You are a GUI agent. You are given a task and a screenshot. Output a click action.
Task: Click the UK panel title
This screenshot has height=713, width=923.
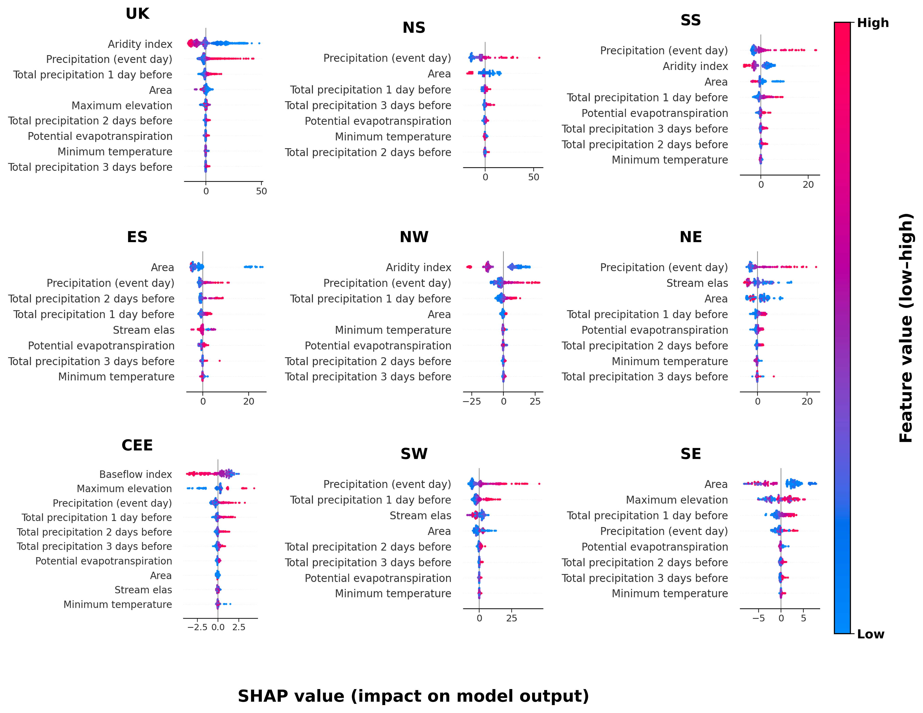coord(137,14)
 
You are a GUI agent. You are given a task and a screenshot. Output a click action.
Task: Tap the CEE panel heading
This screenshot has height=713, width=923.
coord(137,445)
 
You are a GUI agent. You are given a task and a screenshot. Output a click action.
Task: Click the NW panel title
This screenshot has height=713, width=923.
coord(414,237)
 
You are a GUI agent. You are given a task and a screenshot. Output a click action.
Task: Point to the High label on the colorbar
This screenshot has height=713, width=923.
coord(873,23)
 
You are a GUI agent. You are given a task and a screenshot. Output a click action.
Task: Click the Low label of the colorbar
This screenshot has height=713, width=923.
coord(871,634)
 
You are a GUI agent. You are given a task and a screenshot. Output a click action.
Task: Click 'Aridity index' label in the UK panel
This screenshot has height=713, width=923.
coord(140,44)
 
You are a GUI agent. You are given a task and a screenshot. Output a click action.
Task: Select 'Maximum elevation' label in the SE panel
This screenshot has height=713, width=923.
coord(677,500)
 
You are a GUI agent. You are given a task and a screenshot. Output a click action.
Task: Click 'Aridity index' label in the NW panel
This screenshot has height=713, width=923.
coord(418,268)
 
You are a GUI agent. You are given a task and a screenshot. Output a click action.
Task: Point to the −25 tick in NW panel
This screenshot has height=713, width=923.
coord(472,402)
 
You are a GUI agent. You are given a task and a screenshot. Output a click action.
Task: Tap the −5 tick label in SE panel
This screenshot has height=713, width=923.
coord(759,618)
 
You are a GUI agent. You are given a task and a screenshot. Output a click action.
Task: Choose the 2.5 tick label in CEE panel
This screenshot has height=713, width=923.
coord(239,627)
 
